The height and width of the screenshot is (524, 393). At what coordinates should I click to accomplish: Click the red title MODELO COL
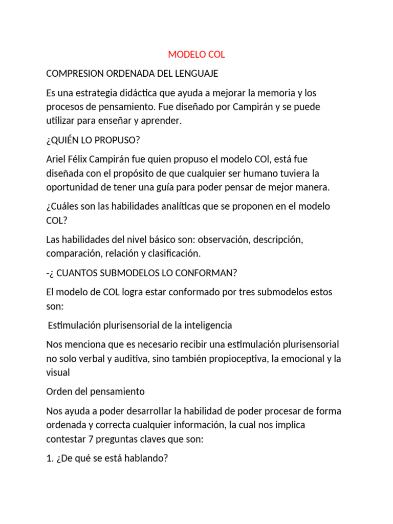click(x=196, y=54)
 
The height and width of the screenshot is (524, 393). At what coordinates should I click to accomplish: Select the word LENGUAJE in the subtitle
click(x=196, y=74)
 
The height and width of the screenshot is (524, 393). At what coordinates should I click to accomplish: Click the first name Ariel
click(x=57, y=160)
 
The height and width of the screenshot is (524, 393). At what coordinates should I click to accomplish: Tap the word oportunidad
click(x=72, y=187)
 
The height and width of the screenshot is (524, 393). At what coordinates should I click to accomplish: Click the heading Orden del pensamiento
click(x=95, y=391)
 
